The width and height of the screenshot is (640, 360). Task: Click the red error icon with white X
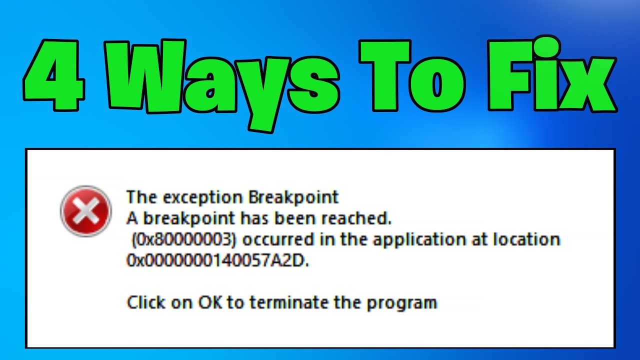[85, 211]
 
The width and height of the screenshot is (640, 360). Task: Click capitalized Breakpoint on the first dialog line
[293, 197]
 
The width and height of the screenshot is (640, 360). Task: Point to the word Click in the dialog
[145, 302]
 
